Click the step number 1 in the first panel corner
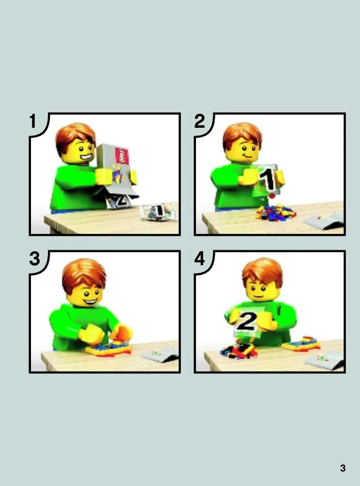33,121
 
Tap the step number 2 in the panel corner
199,121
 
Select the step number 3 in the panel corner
35,258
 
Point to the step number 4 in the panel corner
200,259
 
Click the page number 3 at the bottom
343,468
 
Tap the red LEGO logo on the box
122,156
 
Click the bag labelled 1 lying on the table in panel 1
158,212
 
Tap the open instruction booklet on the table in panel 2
323,221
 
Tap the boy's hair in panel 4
263,271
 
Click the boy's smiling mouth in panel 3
91,301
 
